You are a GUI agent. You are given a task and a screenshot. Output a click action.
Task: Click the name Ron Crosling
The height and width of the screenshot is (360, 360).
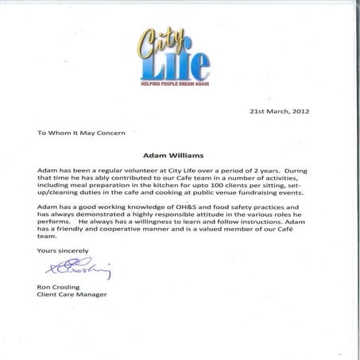pyautogui.click(x=60, y=287)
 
